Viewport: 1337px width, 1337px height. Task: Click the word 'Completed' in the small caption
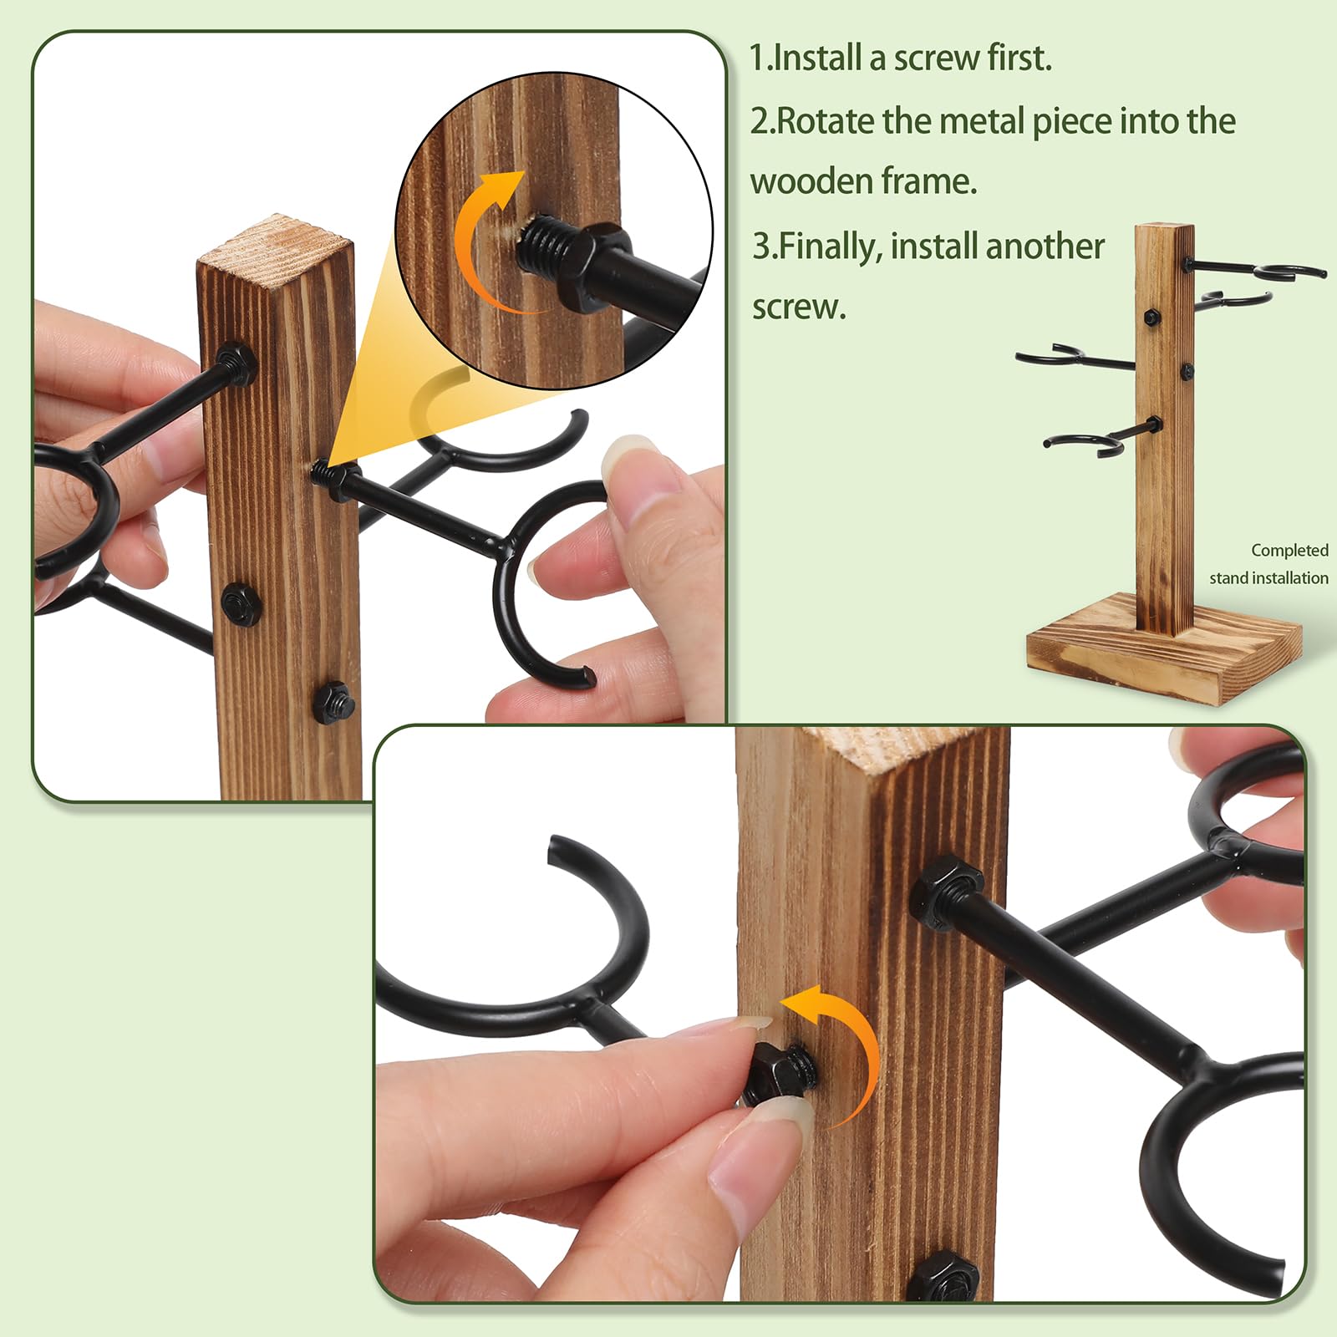coord(1289,550)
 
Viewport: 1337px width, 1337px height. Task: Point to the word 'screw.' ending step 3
coord(799,308)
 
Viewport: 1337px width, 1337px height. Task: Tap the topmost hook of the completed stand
coord(1253,269)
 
